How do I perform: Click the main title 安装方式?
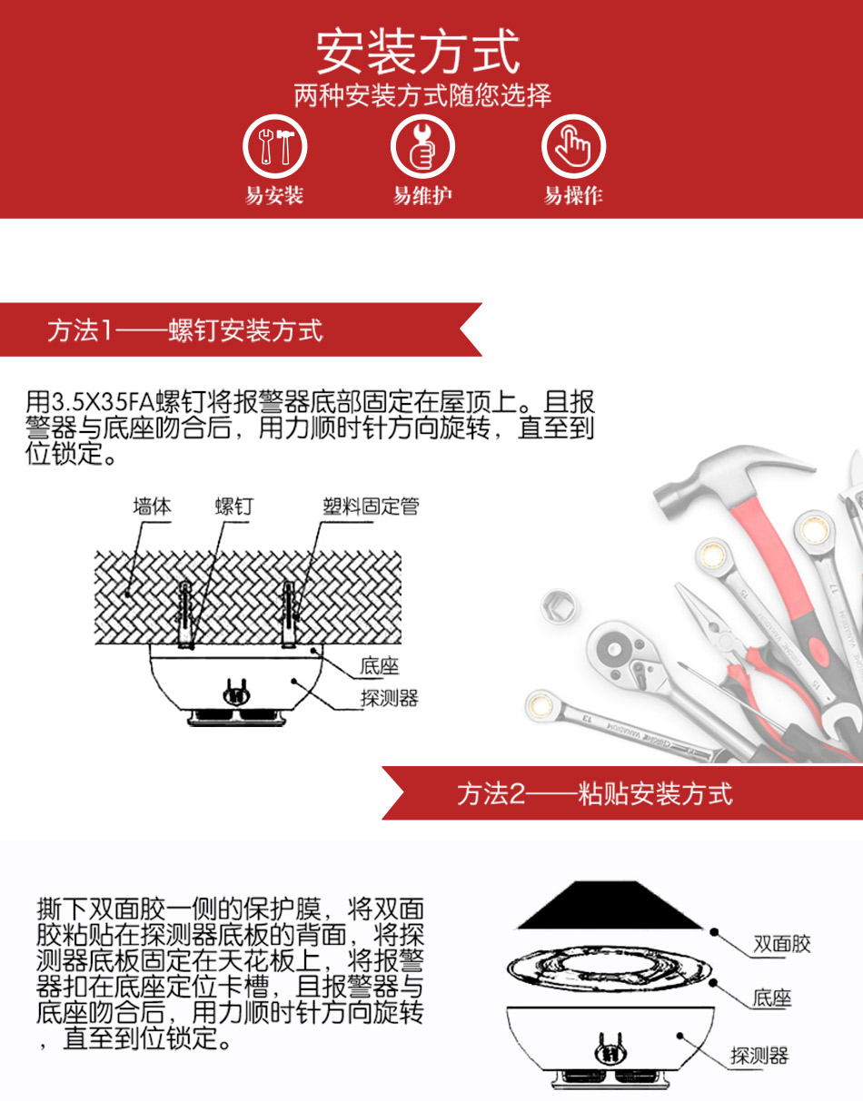tap(418, 52)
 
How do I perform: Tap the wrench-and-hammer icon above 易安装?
tap(275, 146)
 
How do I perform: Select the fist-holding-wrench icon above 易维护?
tap(422, 146)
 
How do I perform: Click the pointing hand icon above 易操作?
tap(573, 146)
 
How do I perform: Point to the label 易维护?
tap(422, 195)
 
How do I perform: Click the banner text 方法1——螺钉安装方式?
tap(185, 330)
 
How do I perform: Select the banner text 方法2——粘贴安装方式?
tap(595, 793)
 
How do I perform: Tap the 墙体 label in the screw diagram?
tap(152, 506)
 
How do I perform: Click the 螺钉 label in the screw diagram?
tap(234, 506)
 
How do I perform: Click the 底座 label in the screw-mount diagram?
tap(380, 665)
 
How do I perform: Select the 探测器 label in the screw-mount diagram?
tap(390, 698)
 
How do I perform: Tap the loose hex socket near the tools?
tap(560, 605)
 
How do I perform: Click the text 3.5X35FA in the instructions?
tap(103, 402)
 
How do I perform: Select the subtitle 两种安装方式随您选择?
tap(422, 94)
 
